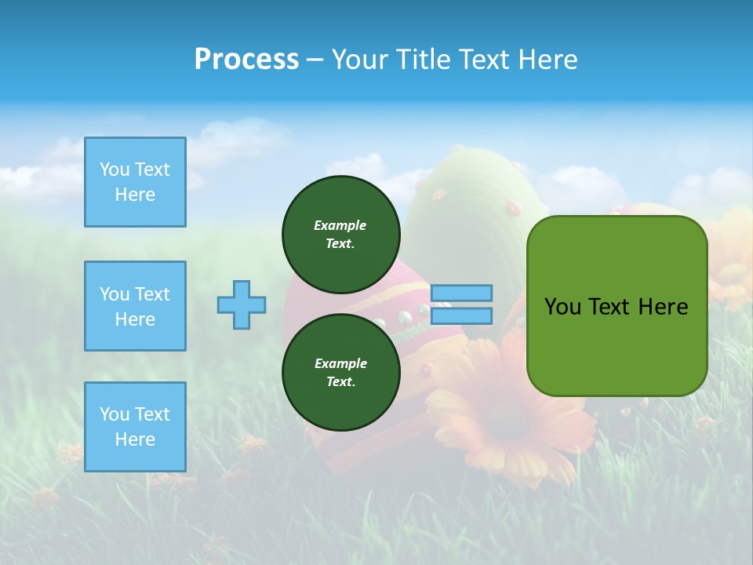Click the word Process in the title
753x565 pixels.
[246, 60]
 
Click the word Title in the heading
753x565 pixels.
[423, 60]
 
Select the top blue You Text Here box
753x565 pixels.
[135, 182]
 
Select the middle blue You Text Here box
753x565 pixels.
[135, 306]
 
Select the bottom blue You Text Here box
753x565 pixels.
[135, 427]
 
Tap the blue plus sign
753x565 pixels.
[242, 304]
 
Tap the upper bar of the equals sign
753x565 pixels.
[462, 293]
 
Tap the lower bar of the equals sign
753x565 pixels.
[462, 315]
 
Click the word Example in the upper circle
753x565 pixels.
[340, 225]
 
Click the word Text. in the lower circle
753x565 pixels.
[340, 382]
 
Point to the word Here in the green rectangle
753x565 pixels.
[663, 307]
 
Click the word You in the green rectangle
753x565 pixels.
[562, 307]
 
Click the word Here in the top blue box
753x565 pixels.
[135, 195]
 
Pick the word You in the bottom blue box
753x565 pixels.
[115, 414]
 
